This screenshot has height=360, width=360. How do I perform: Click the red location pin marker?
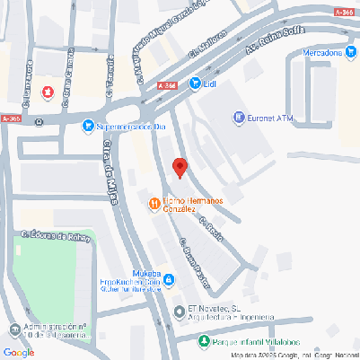coord(179,167)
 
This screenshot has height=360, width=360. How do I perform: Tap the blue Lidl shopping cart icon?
coord(195,83)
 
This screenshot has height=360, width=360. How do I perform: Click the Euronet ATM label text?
coord(272,117)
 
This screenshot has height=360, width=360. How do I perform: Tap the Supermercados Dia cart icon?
coord(87,127)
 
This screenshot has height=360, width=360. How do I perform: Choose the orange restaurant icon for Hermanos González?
coord(154,204)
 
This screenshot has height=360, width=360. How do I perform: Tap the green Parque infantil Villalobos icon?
coord(205,341)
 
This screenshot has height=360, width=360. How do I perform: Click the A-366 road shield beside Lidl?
coord(166,84)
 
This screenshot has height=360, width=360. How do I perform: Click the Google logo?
coord(20,352)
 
